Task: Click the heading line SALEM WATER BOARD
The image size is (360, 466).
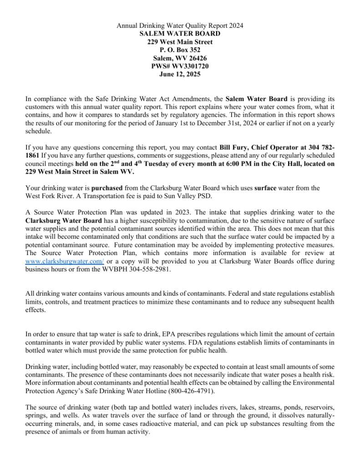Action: coord(180,34)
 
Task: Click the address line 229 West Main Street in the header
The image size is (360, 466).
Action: coord(180,42)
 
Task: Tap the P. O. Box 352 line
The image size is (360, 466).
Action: coord(180,50)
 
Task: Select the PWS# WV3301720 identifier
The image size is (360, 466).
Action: coord(180,66)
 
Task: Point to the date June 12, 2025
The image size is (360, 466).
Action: coord(180,74)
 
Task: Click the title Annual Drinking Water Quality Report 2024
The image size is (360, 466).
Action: coord(180,26)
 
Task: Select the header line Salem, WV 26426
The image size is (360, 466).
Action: coord(180,58)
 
